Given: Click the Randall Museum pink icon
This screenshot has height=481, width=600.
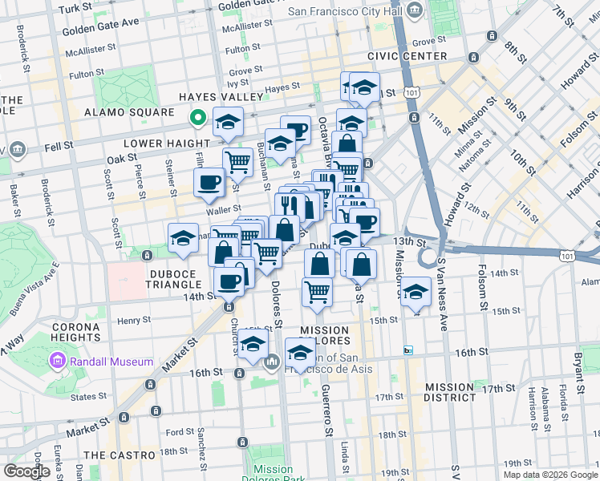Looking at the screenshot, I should coord(58,362).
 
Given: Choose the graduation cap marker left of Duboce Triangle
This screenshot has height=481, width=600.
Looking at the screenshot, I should coord(183,238).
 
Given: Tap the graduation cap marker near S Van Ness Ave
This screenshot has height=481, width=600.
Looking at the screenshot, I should coord(416,293).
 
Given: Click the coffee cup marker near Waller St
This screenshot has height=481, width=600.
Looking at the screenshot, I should coord(209,183).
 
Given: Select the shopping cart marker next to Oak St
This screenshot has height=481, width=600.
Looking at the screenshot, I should coord(237,161).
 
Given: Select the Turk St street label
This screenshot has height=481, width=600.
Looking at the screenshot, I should coord(76,8).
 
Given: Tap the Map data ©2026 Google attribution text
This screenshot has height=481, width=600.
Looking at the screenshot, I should coord(550,475).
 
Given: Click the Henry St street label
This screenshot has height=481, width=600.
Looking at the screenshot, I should coord(129,321).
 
